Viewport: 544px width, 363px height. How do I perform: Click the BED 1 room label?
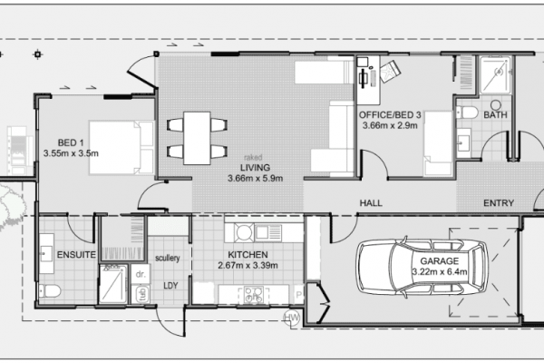pos(71,142)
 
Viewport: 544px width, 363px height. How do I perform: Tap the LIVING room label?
pos(256,168)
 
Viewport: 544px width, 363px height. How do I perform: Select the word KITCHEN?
pos(248,255)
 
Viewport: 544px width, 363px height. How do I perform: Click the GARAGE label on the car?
pos(439,260)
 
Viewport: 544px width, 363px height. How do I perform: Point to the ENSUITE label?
pos(76,255)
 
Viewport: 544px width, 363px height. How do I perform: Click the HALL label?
pos(371,203)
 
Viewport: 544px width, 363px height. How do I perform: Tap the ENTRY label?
pos(499,203)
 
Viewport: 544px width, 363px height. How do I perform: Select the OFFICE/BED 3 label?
pos(390,114)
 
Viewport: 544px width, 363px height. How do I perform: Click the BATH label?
pos(495,114)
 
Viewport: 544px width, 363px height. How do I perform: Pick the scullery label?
pos(168,258)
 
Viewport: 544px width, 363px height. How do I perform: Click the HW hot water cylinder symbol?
pos(292,317)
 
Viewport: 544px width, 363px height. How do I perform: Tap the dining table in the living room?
pos(197,138)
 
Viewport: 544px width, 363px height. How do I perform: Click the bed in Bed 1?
pos(121,147)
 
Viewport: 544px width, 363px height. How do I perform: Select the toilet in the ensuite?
pos(50,291)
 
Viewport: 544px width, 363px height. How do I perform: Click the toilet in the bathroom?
pos(467,113)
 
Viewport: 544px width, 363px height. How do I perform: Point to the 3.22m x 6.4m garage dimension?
pos(440,271)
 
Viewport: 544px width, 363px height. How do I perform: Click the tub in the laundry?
pos(141,294)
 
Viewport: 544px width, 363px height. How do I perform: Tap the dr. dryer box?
pos(141,274)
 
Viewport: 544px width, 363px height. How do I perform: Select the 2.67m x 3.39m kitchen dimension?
pos(248,266)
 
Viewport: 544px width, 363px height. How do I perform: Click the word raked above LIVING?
pos(253,157)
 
